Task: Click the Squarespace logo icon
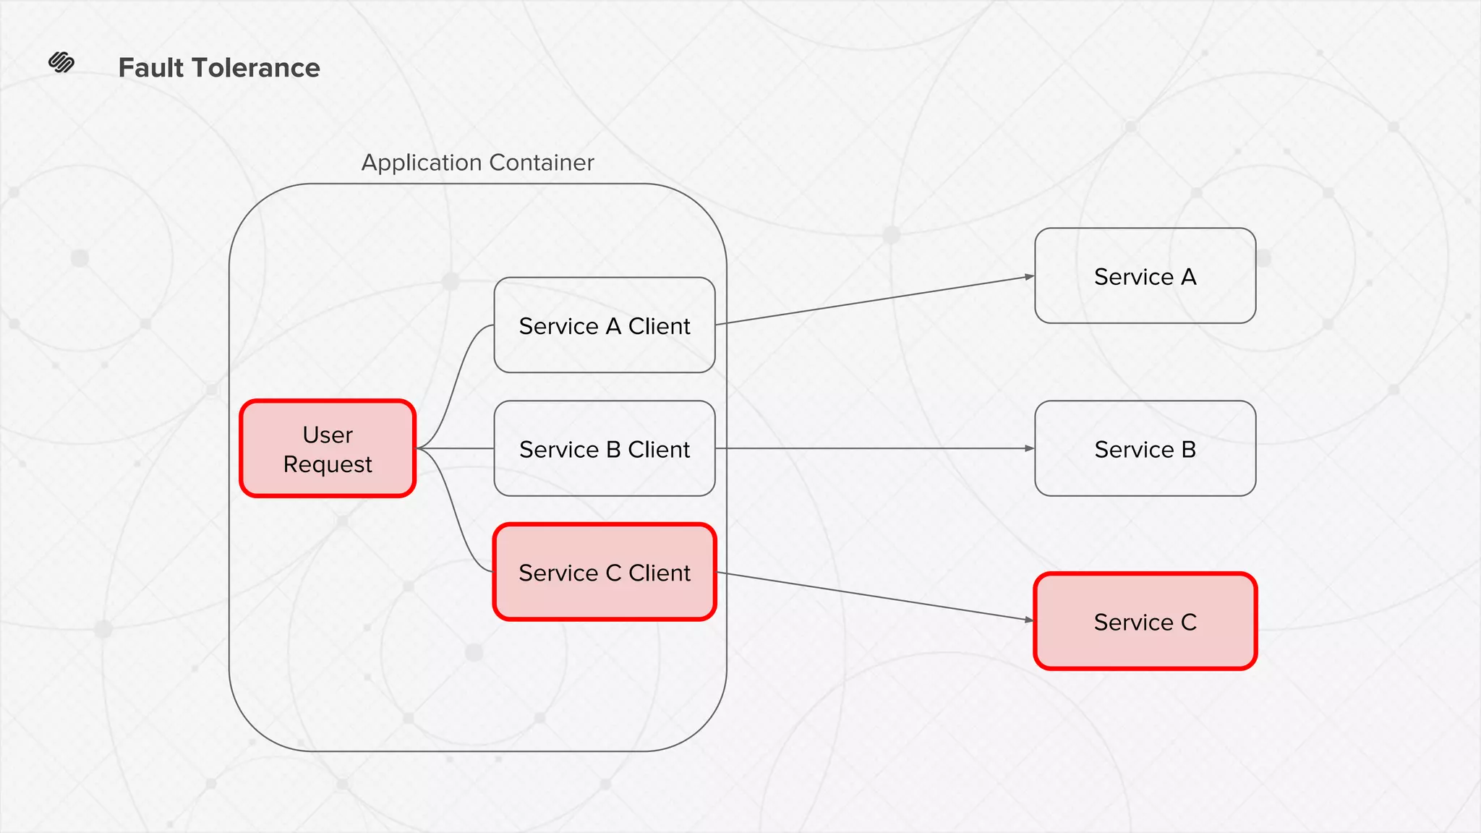click(61, 63)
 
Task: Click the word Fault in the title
click(151, 68)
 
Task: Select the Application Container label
click(477, 163)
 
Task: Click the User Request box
click(328, 448)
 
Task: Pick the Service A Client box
click(605, 325)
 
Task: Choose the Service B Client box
click(605, 449)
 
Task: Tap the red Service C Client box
click(605, 572)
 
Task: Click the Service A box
click(1145, 276)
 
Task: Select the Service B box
click(1145, 449)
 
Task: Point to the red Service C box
click(1145, 622)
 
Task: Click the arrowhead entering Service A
click(1029, 276)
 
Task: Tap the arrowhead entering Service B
click(1029, 448)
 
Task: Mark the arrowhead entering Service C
click(1029, 620)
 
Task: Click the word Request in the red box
click(328, 464)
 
